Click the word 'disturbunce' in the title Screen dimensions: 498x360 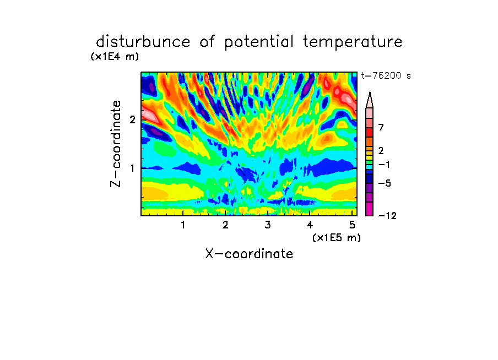(143, 42)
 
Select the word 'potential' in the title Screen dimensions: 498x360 (259, 42)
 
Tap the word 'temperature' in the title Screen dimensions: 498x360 (353, 42)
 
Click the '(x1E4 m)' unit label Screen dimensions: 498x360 (115, 57)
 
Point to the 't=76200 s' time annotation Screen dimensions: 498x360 (386, 76)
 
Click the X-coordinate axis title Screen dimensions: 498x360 (249, 254)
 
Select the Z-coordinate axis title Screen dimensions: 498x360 (116, 144)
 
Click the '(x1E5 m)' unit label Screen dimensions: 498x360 (337, 238)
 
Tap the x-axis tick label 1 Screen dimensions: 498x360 (183, 225)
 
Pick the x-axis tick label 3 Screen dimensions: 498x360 (268, 225)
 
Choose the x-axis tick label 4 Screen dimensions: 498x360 (310, 225)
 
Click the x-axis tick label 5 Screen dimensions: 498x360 (352, 225)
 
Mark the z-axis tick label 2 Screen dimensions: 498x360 (132, 119)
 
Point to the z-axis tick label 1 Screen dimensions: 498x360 (132, 168)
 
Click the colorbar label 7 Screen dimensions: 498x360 (381, 128)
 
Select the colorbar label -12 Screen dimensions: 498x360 (387, 216)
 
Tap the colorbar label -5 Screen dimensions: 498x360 (385, 183)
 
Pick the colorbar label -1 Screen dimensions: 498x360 (384, 165)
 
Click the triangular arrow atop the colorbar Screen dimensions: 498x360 (370, 100)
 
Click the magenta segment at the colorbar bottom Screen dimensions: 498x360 (370, 209)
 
